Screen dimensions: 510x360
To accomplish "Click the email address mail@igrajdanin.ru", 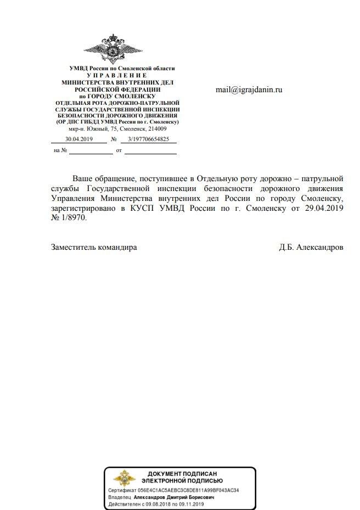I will pos(249,89).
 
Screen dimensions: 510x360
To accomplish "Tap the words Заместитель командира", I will pos(94,248).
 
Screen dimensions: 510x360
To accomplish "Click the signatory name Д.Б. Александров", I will pos(311,248).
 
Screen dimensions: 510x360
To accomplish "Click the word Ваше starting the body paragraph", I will pos(86,178).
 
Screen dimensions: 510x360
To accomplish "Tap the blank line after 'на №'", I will pos(91,150).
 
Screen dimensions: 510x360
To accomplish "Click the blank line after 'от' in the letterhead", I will pos(150,150).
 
